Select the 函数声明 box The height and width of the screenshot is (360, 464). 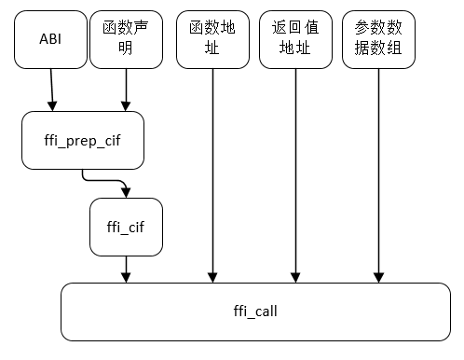coord(123,40)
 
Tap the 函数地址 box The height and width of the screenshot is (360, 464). coord(212,40)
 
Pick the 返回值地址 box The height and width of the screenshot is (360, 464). coord(294,40)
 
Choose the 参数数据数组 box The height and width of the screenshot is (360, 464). coord(377,40)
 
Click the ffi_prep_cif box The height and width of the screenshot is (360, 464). coord(83,140)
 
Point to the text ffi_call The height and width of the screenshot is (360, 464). coord(254,311)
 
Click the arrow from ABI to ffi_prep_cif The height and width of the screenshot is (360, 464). coord(51,90)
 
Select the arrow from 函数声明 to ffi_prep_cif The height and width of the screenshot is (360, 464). coord(124,90)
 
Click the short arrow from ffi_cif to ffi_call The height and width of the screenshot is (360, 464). coord(127,269)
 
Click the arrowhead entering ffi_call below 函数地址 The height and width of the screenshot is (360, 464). coord(212,276)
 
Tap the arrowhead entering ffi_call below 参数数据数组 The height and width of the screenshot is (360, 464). coord(377,276)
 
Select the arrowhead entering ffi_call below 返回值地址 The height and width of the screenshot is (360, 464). coord(294,276)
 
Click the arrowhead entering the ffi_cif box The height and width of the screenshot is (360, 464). coord(127,192)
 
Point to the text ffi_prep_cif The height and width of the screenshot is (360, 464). coord(83,140)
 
